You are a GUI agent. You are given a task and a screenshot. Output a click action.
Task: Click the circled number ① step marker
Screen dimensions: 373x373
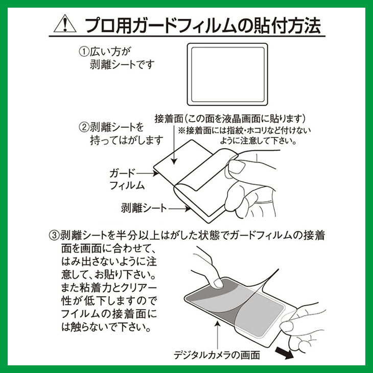pos(82,52)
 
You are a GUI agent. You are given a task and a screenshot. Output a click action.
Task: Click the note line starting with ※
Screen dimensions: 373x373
pos(243,130)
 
